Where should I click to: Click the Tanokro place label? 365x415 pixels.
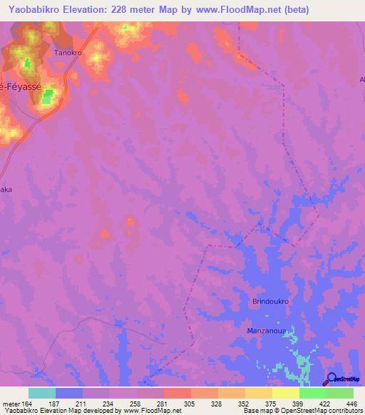[69, 53]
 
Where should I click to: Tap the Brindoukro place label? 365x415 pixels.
[271, 302]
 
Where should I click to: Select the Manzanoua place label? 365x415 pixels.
[267, 331]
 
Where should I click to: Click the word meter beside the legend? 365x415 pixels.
[10, 404]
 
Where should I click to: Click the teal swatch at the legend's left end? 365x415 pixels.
[42, 393]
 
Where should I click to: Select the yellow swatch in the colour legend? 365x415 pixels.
[285, 393]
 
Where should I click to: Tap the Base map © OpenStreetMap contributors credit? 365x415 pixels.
[300, 411]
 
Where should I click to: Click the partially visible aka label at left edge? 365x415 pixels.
[6, 190]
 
